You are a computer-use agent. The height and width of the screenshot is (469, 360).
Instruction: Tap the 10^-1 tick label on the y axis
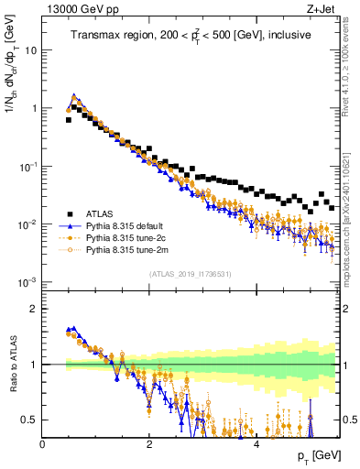coord(29,166)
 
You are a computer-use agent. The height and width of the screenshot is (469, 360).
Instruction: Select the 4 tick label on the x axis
coord(256,445)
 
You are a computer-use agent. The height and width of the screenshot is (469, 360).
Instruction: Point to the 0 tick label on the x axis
coord(43,445)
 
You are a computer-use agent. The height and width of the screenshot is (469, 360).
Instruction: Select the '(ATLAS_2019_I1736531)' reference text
coord(191,274)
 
